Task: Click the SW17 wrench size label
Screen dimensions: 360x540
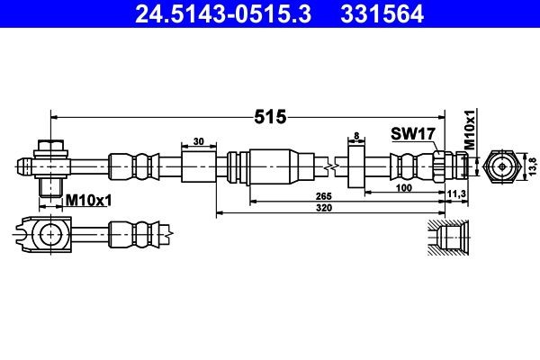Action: point(413,133)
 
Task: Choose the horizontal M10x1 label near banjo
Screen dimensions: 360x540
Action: point(88,200)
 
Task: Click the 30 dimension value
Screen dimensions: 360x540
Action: point(198,142)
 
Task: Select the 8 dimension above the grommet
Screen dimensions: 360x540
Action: point(356,136)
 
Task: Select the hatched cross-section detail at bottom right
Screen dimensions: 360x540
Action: point(447,237)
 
